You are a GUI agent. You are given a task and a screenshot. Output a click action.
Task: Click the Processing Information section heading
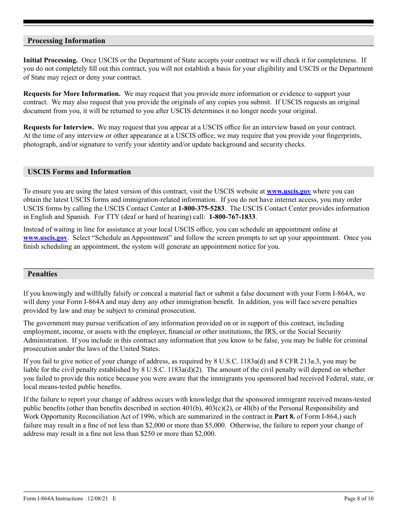pyautogui.click(x=66, y=41)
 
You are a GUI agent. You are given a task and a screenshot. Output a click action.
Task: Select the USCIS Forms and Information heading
pyautogui.click(x=79, y=172)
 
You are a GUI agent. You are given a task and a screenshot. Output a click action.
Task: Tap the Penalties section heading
pyautogui.click(x=42, y=274)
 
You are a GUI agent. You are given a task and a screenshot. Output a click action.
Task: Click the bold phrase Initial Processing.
pyautogui.click(x=51, y=60)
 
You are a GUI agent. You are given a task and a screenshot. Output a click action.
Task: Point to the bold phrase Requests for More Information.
pyautogui.click(x=72, y=94)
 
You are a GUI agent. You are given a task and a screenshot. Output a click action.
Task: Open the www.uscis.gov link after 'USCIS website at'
pyautogui.click(x=289, y=191)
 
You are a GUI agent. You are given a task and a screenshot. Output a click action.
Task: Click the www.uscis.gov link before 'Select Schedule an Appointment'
pyautogui.click(x=45, y=238)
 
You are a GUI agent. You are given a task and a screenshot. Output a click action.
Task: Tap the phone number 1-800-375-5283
pyautogui.click(x=201, y=209)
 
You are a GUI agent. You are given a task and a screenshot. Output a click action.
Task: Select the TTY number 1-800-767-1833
pyautogui.click(x=232, y=217)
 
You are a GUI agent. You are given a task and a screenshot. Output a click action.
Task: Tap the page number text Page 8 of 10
pyautogui.click(x=359, y=498)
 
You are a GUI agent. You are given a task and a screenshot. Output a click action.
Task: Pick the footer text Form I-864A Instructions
pyautogui.click(x=53, y=498)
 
